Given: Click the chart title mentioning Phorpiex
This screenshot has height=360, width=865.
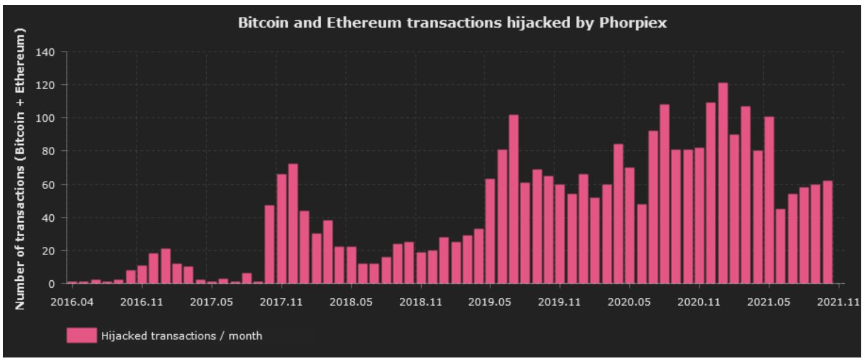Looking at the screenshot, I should coord(448,24).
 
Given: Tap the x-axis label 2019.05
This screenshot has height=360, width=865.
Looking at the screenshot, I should coord(491,302).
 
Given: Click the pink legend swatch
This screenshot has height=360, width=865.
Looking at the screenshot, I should coord(82,335).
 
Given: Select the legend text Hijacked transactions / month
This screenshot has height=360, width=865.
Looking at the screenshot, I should coord(181,336).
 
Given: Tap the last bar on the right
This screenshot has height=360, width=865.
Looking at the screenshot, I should coord(827,232).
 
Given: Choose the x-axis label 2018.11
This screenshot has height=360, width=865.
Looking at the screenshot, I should coord(422,302).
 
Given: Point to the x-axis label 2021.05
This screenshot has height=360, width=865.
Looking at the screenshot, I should coord(769,302).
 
